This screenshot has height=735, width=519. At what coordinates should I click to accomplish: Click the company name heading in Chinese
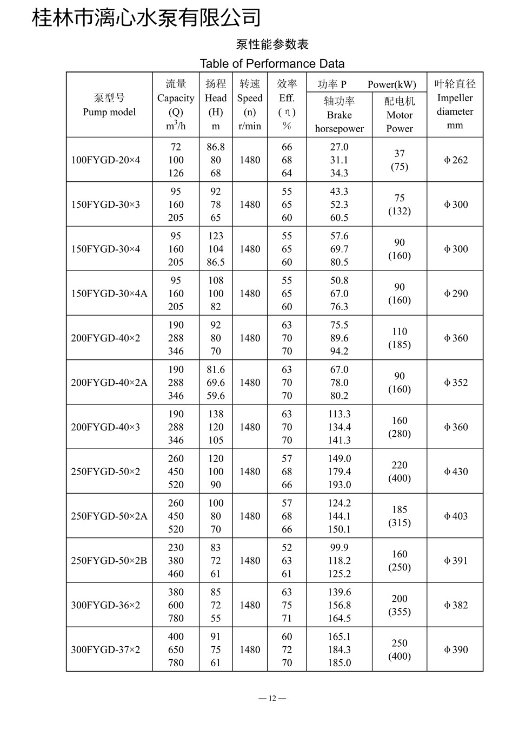(147, 17)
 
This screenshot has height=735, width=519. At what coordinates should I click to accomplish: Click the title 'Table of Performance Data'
(272, 63)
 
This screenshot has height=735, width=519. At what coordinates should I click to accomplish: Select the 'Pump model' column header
(109, 105)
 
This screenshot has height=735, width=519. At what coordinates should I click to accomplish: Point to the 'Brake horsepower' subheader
(339, 115)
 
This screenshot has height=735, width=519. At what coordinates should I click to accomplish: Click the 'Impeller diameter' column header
(455, 104)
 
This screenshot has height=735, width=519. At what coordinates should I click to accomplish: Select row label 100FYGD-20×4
(105, 160)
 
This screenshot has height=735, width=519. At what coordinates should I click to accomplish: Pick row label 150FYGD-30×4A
(109, 293)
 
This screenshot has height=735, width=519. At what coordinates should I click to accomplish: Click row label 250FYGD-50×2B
(109, 561)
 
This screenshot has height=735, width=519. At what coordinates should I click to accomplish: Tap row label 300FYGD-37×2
(105, 649)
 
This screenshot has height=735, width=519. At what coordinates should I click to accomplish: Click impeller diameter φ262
(455, 160)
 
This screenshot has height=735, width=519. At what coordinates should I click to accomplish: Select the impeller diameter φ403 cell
(455, 516)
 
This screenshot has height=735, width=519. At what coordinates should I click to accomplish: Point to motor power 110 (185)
(399, 338)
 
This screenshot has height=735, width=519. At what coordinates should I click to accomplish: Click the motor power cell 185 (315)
(399, 516)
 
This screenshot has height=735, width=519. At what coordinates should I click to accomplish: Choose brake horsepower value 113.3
(339, 414)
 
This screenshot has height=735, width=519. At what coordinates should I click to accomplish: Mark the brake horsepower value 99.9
(339, 548)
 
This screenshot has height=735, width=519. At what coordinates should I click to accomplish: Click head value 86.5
(216, 262)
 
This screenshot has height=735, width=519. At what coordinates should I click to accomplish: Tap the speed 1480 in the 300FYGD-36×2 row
(250, 605)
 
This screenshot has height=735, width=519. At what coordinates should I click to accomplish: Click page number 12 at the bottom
(272, 698)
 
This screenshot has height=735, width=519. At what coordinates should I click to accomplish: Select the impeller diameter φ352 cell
(455, 383)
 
